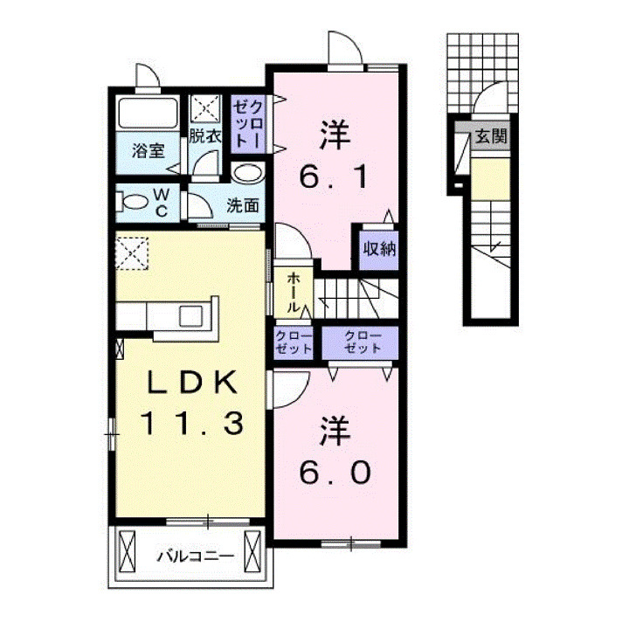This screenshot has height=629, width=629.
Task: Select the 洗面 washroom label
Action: (x=243, y=206)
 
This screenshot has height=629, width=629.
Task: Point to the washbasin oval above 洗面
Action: (x=248, y=173)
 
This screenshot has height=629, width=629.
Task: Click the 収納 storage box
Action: (x=377, y=248)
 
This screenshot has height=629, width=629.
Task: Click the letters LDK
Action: (x=190, y=381)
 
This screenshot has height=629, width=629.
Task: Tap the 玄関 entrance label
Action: (x=492, y=137)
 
